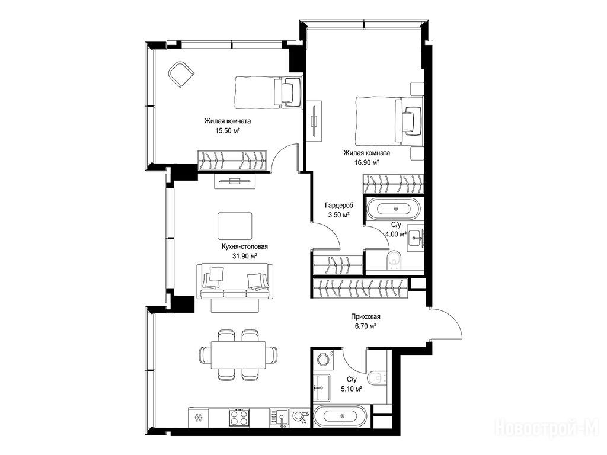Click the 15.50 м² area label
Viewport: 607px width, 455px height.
tap(228, 131)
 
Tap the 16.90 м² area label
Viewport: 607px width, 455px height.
tap(366, 163)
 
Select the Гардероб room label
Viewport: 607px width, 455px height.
tap(339, 206)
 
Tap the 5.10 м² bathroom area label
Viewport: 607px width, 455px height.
tap(351, 389)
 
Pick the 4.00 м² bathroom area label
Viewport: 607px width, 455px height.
tap(395, 234)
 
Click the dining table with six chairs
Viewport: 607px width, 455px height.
tap(238, 355)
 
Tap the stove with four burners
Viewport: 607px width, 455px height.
tap(238, 418)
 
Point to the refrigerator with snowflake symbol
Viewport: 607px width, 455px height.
tap(198, 418)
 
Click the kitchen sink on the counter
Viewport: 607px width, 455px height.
tap(280, 418)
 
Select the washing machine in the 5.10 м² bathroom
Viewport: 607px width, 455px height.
tap(324, 358)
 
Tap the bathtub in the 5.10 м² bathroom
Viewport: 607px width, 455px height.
tap(340, 416)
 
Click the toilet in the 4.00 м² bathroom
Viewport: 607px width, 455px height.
tap(394, 259)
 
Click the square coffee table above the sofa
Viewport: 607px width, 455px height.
tap(235, 226)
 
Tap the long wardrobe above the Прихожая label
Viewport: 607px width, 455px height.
tap(360, 289)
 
